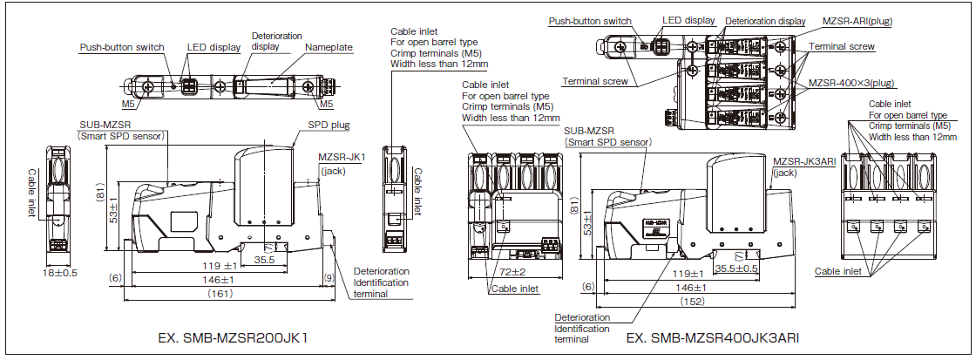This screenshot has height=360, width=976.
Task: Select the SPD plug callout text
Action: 328,126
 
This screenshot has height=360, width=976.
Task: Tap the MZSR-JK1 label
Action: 342,158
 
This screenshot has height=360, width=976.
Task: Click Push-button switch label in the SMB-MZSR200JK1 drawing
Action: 122,48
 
